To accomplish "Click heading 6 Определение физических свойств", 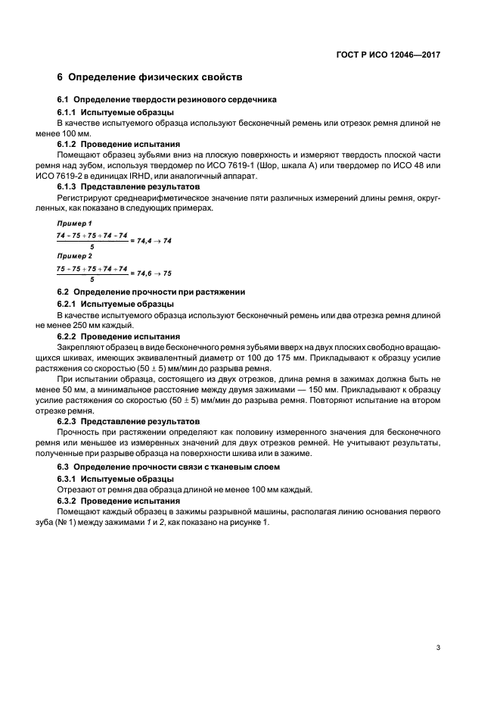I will (x=150, y=78).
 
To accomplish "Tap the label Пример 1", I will (x=74, y=224).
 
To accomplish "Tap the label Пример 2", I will (x=74, y=257).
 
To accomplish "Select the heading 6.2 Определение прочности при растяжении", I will (x=151, y=292).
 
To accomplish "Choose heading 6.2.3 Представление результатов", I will (x=129, y=420).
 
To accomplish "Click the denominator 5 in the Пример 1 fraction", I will (x=92, y=247).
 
